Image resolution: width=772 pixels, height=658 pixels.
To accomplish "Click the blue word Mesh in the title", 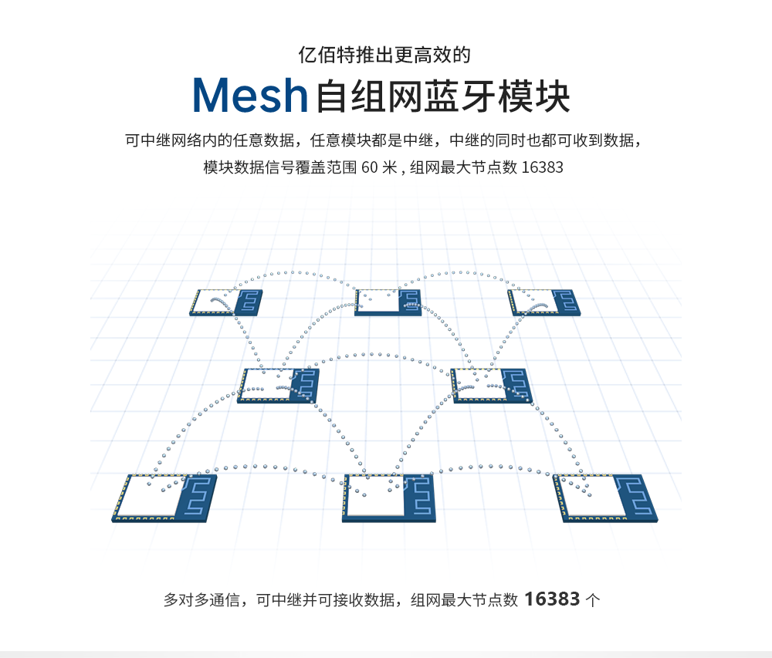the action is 250,96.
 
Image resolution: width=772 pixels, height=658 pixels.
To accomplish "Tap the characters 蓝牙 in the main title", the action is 460,96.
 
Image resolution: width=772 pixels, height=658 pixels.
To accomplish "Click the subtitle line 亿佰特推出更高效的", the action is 384,55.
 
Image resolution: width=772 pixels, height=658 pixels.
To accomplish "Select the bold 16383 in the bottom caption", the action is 552,599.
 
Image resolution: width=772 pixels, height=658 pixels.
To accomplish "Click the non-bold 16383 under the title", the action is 542,167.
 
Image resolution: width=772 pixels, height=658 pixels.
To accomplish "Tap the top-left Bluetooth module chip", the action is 226,302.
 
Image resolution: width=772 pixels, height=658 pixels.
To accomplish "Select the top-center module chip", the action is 388,302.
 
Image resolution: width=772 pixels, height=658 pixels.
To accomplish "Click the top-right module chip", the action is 544,302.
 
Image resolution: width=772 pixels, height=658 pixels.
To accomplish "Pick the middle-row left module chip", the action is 278,386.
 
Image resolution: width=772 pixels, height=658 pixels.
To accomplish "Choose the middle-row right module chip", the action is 491,386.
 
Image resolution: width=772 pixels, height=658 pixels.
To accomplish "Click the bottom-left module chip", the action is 164,498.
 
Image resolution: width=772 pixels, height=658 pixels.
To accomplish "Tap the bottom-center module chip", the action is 389,498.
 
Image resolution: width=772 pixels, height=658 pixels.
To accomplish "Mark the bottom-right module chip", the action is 605,498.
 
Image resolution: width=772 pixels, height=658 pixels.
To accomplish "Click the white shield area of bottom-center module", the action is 375,496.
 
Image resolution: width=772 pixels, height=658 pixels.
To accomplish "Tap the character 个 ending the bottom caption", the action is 593,600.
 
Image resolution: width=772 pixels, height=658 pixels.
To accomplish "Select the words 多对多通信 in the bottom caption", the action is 201,600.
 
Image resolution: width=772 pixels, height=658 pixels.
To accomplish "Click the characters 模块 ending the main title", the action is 533,96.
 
